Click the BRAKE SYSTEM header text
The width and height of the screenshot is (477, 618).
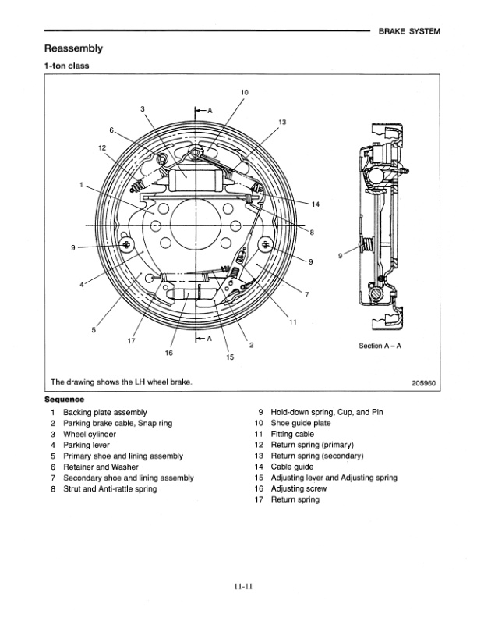408,32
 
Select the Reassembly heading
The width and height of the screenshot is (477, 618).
74,48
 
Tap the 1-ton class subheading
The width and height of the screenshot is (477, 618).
66,66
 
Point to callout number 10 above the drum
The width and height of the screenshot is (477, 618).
244,93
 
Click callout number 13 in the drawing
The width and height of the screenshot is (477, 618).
282,122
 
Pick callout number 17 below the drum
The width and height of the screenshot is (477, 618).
131,342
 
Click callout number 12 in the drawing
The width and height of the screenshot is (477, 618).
102,147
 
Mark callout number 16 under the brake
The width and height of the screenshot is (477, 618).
168,353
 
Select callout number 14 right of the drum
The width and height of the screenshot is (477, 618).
315,204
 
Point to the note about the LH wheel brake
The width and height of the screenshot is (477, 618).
121,382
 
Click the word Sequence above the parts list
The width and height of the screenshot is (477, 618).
64,399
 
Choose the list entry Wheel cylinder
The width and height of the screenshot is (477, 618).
88,434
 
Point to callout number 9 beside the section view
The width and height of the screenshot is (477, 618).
341,254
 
